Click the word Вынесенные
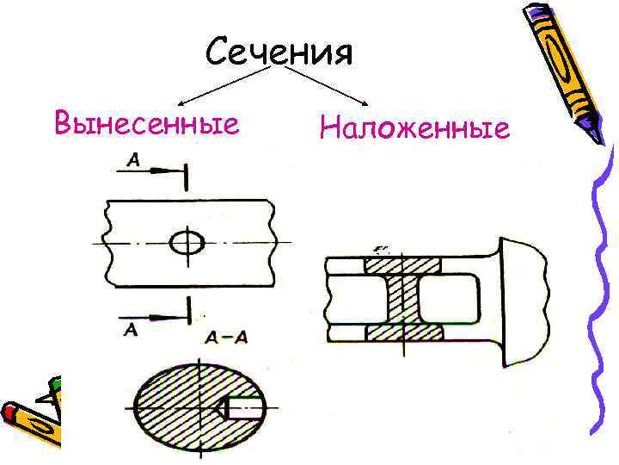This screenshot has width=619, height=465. tap(145, 123)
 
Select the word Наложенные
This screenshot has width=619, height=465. tap(414, 129)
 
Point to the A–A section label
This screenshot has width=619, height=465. tap(226, 337)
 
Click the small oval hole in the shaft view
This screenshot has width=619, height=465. tap(187, 244)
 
